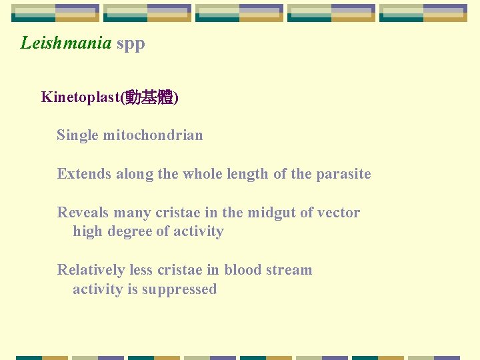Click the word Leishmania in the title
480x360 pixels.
[66, 43]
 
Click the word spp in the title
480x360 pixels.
[131, 45]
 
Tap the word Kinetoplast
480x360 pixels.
[79, 97]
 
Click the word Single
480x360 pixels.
[77, 136]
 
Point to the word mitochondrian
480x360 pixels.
[153, 135]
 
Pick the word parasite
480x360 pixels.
[343, 174]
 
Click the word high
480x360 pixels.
[87, 232]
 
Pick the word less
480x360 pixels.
[141, 270]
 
